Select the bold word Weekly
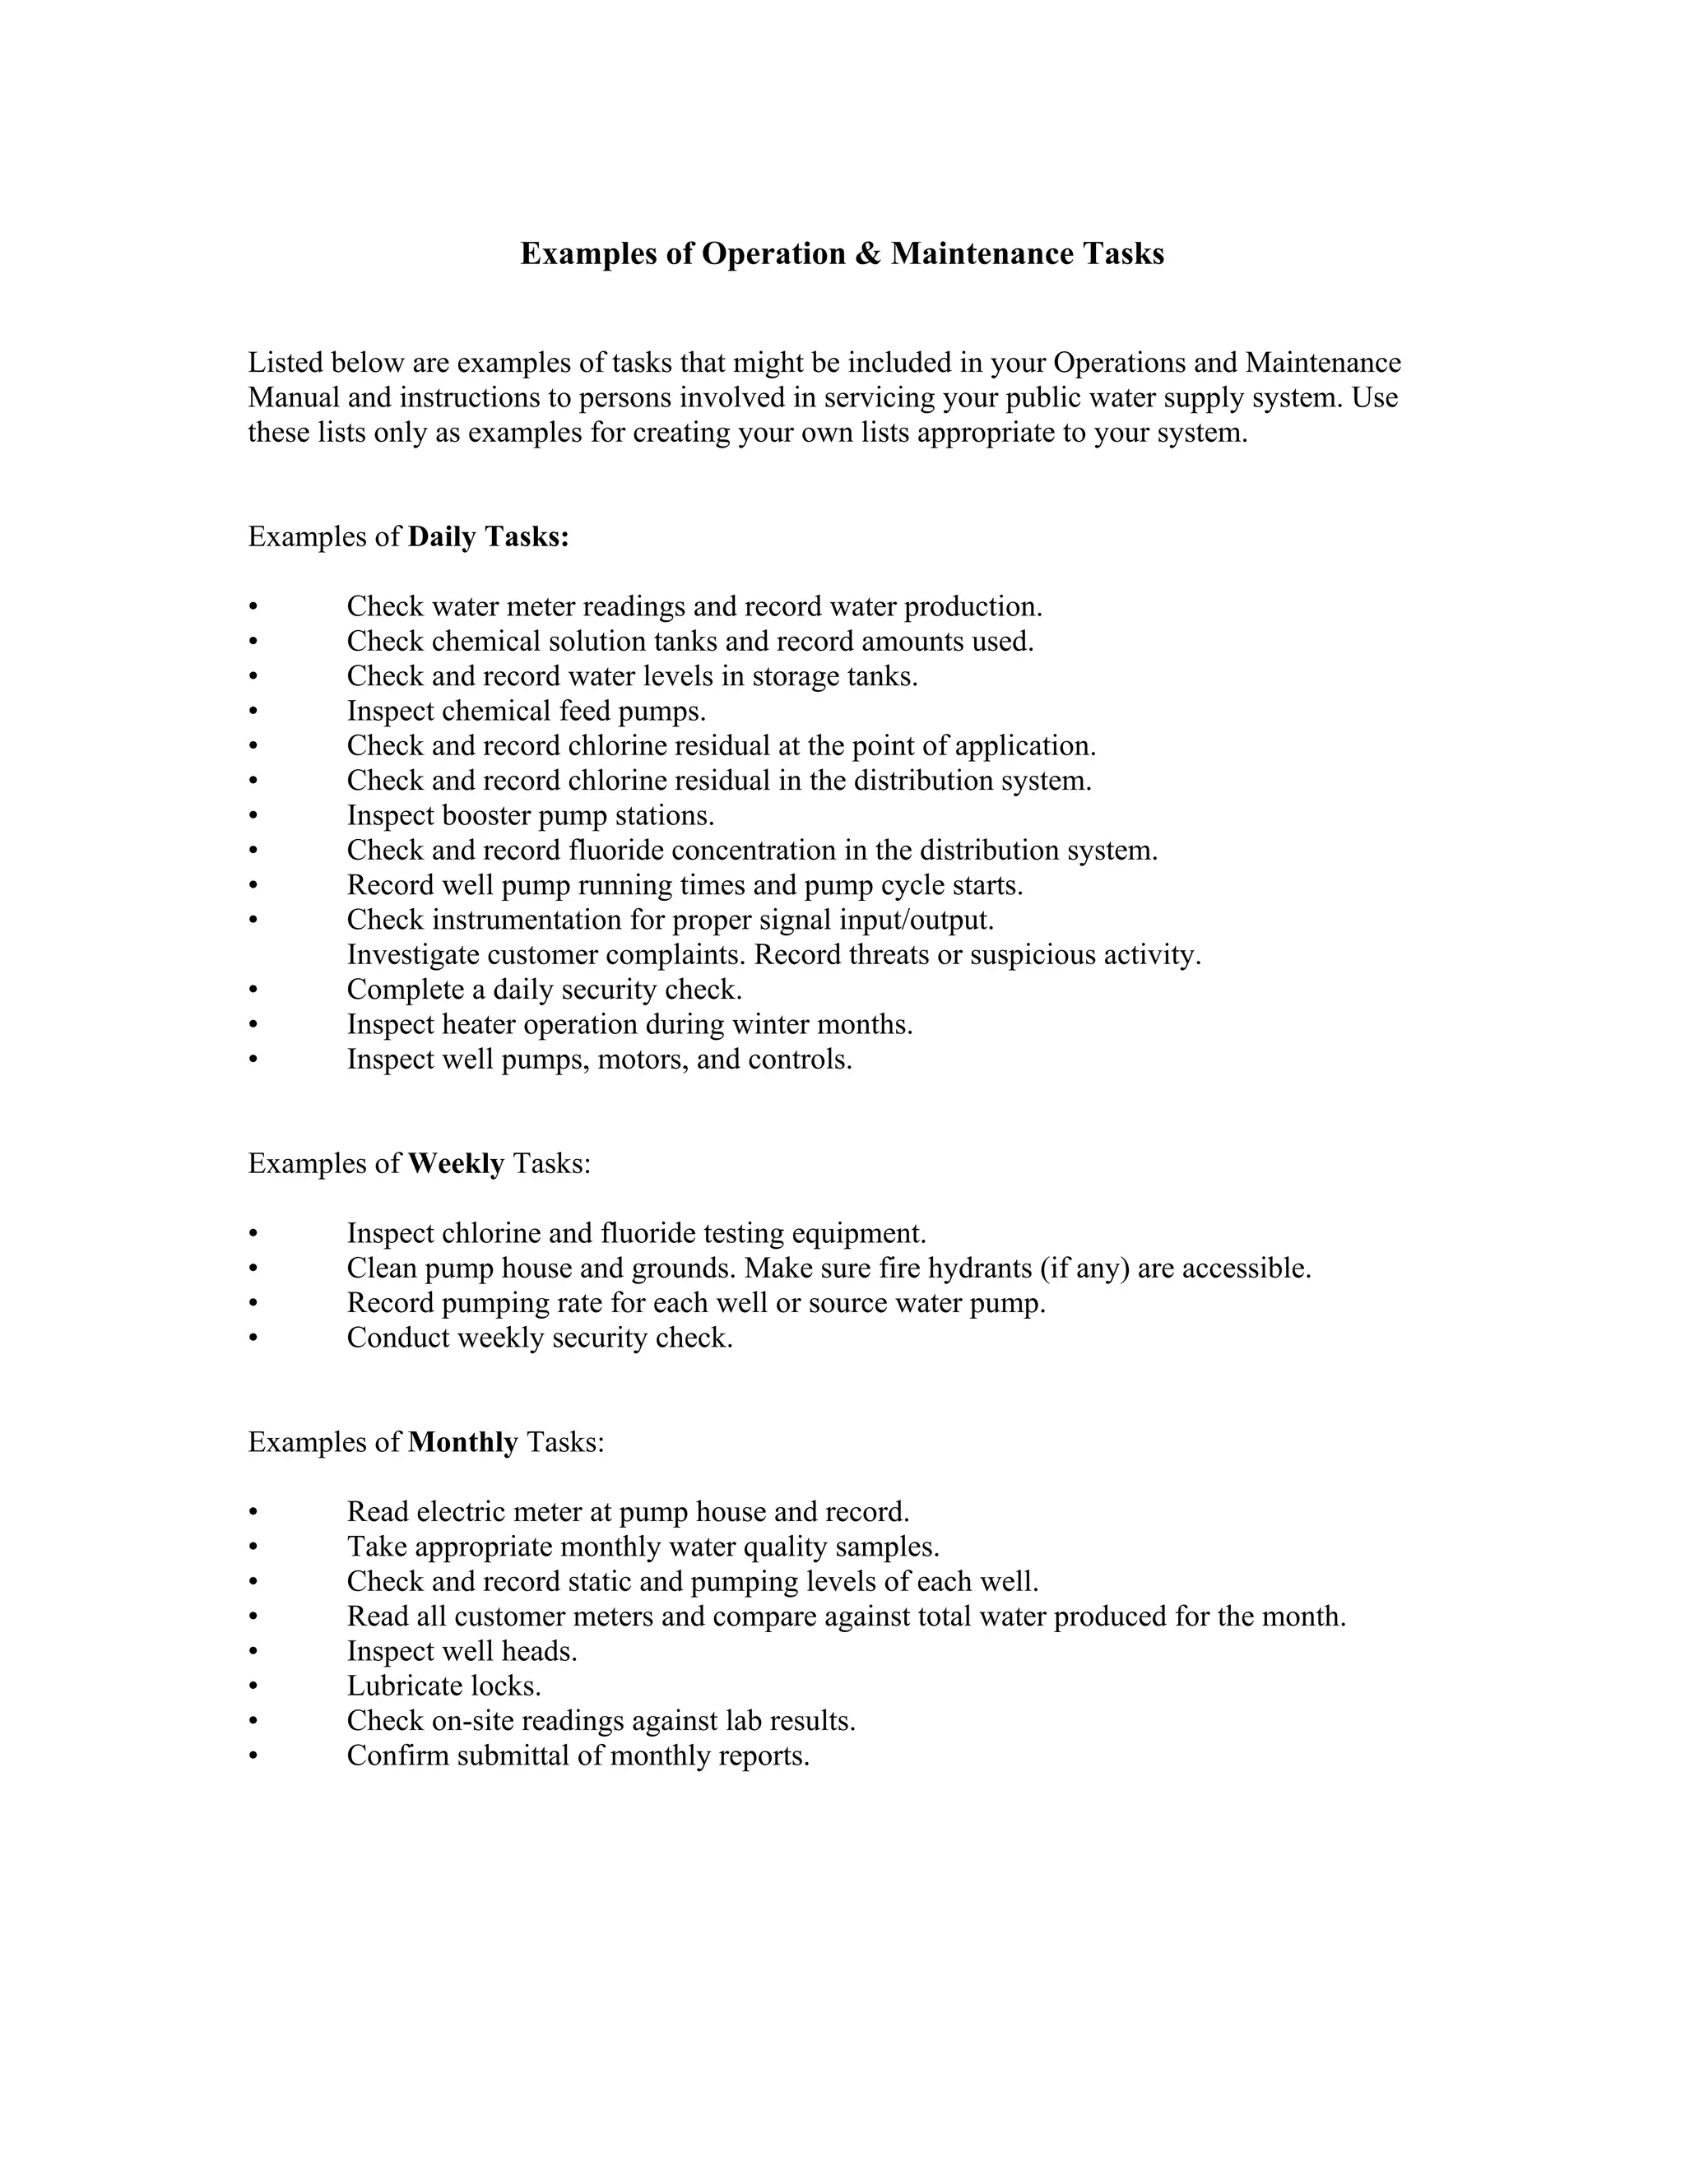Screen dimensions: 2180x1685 [456, 1164]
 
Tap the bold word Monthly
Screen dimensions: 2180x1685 [463, 1442]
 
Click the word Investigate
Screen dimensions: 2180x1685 [412, 955]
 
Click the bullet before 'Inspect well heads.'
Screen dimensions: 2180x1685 [253, 1652]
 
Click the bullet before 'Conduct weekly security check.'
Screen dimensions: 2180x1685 [253, 1338]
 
